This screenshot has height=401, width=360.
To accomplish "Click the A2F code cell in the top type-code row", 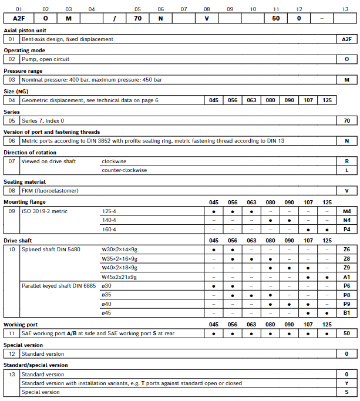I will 18,19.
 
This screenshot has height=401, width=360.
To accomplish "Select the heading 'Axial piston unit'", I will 25,30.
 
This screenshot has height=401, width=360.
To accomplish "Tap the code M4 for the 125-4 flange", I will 346,211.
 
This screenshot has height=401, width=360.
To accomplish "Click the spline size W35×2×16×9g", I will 120,258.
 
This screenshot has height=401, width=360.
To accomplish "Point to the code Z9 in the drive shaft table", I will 346,267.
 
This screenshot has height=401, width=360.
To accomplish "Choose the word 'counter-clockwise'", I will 125,170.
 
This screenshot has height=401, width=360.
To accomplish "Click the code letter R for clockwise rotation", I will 346,161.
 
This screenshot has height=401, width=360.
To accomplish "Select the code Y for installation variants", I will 346,383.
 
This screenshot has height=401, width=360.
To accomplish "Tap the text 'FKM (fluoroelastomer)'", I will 50,191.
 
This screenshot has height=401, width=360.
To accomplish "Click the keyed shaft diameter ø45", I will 106,313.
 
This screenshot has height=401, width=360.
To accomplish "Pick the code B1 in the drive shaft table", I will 346,313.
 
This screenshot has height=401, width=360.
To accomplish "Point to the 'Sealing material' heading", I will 25,182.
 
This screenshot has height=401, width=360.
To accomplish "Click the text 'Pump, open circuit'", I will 45,59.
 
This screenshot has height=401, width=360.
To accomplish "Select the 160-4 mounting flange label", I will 109,229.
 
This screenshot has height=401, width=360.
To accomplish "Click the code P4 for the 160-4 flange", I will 346,229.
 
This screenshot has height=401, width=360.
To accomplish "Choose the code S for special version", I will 346,392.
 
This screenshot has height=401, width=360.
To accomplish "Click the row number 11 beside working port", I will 12,333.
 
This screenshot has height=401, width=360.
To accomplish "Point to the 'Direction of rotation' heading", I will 31,152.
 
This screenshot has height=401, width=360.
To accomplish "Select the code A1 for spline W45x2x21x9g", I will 346,277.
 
